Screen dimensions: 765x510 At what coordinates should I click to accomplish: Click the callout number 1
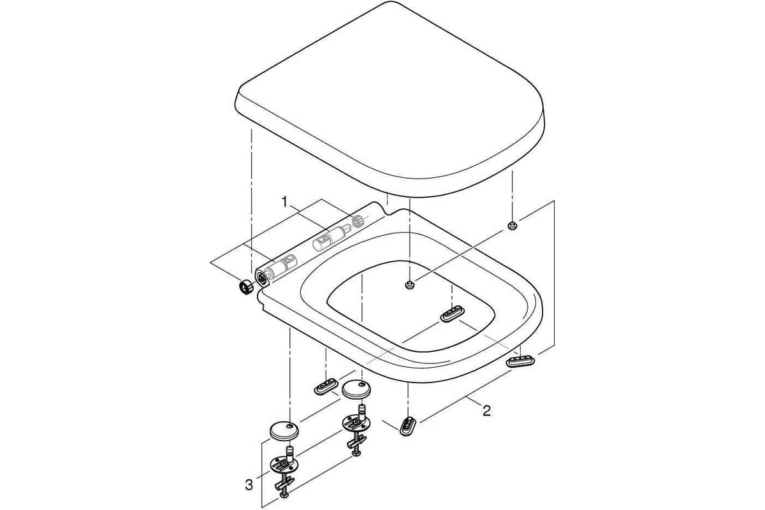point(284,202)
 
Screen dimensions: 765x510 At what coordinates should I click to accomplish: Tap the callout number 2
point(486,411)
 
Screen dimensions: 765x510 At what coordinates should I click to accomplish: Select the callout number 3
point(249,484)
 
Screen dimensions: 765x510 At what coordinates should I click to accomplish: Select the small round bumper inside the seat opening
point(409,285)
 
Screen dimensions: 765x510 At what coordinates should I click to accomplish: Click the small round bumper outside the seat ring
point(511,225)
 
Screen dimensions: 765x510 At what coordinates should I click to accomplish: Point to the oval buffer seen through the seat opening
point(452,314)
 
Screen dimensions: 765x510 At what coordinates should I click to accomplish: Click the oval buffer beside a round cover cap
point(326,386)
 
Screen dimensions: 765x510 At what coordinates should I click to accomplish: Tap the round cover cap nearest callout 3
point(284,430)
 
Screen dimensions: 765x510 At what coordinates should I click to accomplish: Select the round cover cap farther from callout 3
point(356,388)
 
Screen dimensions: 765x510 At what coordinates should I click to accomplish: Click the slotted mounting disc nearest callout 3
point(284,465)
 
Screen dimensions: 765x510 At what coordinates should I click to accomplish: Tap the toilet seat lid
point(390,99)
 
